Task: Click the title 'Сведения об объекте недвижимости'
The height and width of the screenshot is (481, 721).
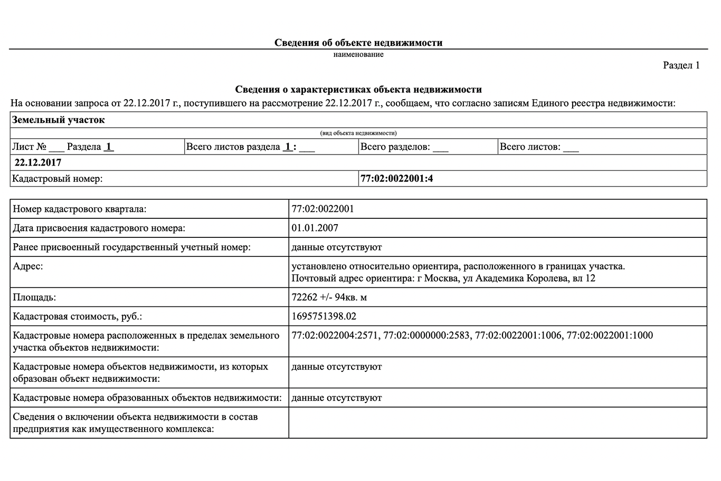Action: [x=358, y=43]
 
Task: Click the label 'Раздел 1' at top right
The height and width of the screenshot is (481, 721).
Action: [x=681, y=65]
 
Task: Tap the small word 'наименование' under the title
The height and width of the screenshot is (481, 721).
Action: [x=358, y=54]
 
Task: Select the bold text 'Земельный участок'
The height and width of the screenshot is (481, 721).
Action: [x=59, y=120]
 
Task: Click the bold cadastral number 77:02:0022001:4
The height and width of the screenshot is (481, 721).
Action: [x=396, y=179]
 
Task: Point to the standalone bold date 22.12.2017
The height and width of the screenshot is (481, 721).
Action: [x=38, y=163]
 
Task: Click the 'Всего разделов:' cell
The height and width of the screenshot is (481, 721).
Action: [x=404, y=147]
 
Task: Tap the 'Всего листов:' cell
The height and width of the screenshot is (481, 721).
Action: [x=539, y=147]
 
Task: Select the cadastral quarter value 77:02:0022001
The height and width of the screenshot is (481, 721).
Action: [x=322, y=209]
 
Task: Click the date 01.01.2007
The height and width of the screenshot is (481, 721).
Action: [x=315, y=228]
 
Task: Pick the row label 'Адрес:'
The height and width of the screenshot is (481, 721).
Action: [x=28, y=266]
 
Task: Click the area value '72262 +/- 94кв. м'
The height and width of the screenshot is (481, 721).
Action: [x=329, y=297]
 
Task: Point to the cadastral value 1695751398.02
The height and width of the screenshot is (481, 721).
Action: [x=324, y=316]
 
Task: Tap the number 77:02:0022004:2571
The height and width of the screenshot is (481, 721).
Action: [x=335, y=335]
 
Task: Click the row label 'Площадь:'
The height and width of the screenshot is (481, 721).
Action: [x=34, y=297]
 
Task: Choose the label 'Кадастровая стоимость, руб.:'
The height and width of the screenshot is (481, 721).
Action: [x=78, y=316]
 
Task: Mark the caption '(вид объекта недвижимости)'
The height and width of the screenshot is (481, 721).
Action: [x=358, y=133]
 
